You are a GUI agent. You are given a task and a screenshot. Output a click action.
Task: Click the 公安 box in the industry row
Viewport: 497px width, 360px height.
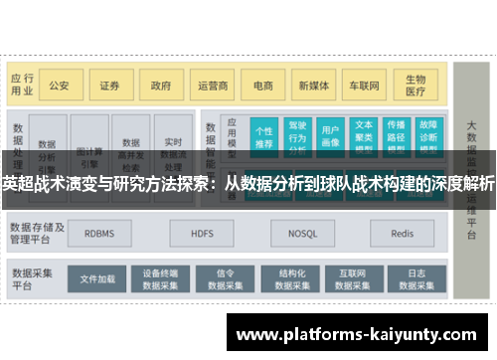click(x=60, y=86)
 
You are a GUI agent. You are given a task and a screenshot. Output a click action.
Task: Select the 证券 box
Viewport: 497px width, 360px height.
click(x=109, y=86)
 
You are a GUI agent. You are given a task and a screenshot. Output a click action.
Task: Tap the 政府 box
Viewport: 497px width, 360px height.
click(x=160, y=86)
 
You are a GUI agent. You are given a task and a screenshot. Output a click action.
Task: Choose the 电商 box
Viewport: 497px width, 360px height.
click(x=262, y=86)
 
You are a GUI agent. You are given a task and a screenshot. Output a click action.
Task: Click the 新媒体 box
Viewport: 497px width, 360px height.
click(x=314, y=86)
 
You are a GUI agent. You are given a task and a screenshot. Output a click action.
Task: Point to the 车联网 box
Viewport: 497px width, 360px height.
click(x=365, y=86)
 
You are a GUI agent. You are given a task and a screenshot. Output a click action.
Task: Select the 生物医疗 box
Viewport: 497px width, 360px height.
click(x=414, y=86)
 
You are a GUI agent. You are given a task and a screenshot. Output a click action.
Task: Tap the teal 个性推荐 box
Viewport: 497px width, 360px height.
click(x=264, y=136)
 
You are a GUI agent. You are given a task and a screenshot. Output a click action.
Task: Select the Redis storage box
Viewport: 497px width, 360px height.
click(x=402, y=235)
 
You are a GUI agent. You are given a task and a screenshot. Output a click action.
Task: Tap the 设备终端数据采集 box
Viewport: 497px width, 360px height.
click(x=159, y=278)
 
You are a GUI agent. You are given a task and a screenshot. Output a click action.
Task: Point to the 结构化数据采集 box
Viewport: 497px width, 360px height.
click(x=291, y=278)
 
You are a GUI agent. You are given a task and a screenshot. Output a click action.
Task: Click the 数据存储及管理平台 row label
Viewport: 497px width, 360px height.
click(x=38, y=234)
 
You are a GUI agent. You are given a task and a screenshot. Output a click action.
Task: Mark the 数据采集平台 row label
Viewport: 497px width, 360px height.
click(x=33, y=277)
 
